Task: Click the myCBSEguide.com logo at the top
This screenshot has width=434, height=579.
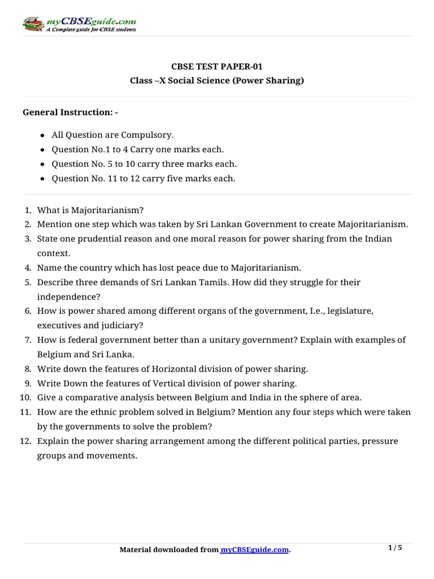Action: (79, 24)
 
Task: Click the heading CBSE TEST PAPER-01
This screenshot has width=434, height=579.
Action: (216, 66)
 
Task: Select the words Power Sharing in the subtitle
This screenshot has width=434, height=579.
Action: (271, 81)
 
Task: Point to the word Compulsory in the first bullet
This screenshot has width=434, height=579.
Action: (151, 135)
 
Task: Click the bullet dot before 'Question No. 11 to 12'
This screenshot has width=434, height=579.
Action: (43, 179)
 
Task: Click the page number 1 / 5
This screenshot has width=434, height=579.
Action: (395, 547)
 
